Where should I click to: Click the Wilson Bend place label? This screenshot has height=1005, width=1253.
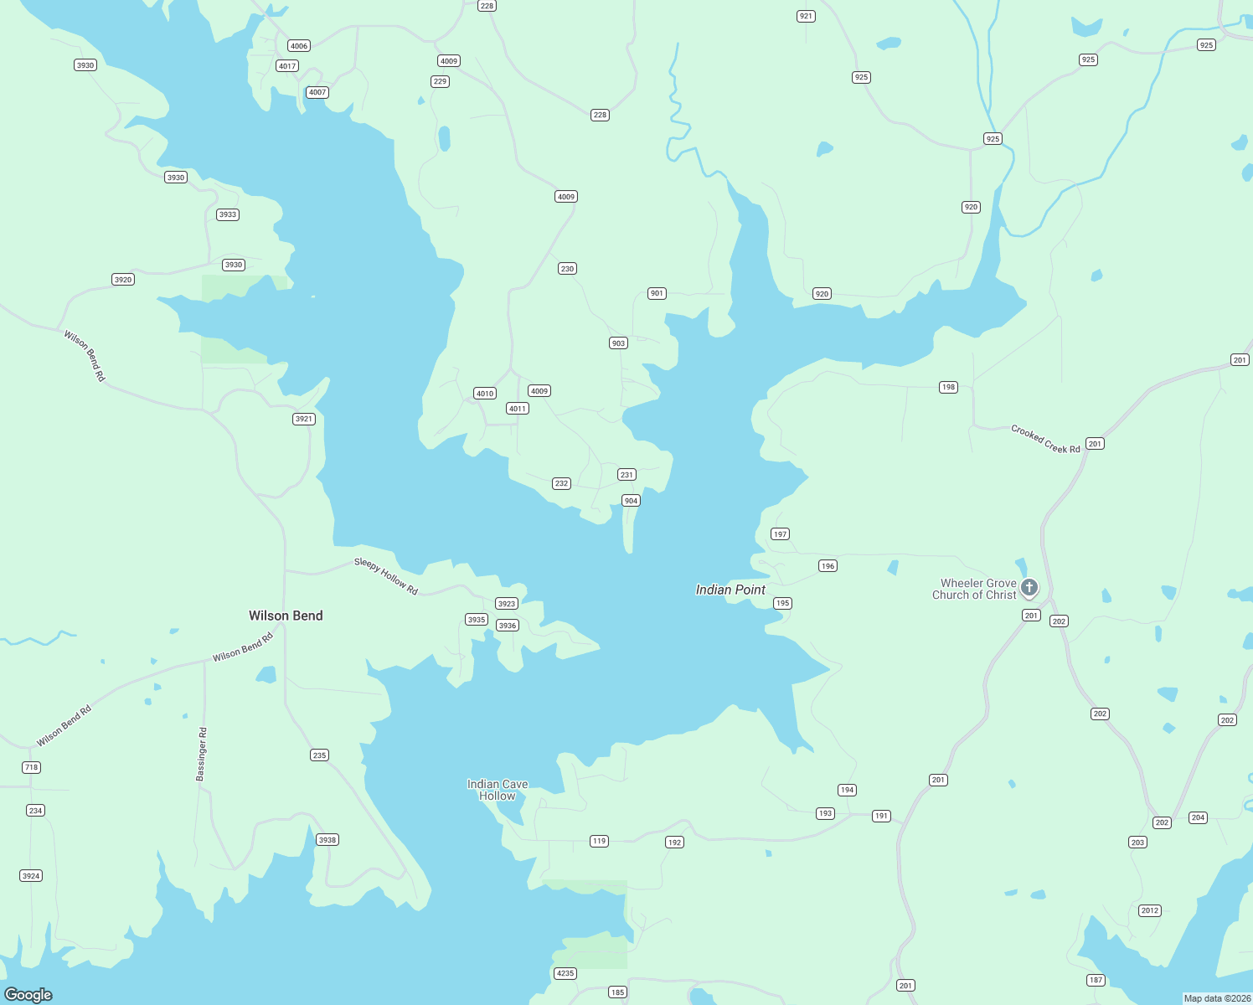pyautogui.click(x=286, y=616)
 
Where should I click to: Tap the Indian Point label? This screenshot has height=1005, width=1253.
pyautogui.click(x=730, y=590)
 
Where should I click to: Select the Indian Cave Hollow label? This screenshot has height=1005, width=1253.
pyautogui.click(x=498, y=790)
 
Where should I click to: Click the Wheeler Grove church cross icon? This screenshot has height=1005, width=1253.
pyautogui.click(x=1029, y=587)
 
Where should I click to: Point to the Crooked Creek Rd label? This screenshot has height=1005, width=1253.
pyautogui.click(x=1045, y=440)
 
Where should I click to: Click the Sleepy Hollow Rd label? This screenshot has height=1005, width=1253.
pyautogui.click(x=386, y=576)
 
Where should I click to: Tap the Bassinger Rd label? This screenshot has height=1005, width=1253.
pyautogui.click(x=201, y=755)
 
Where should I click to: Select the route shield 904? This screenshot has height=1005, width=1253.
pyautogui.click(x=631, y=501)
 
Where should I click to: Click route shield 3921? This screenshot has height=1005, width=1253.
pyautogui.click(x=304, y=419)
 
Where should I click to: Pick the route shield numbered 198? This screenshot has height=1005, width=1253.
pyautogui.click(x=948, y=387)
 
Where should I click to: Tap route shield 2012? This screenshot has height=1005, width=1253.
pyautogui.click(x=1150, y=910)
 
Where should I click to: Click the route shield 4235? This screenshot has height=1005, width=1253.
pyautogui.click(x=565, y=973)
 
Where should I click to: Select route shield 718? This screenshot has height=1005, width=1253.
pyautogui.click(x=31, y=767)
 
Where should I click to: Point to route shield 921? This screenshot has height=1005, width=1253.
pyautogui.click(x=806, y=16)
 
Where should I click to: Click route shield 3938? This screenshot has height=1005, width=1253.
pyautogui.click(x=327, y=840)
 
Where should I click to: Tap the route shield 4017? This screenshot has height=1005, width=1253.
pyautogui.click(x=287, y=66)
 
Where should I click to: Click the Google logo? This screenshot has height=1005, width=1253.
pyautogui.click(x=28, y=995)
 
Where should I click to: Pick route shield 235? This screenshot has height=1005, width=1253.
pyautogui.click(x=319, y=755)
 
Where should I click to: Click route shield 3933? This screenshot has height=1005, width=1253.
pyautogui.click(x=228, y=214)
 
